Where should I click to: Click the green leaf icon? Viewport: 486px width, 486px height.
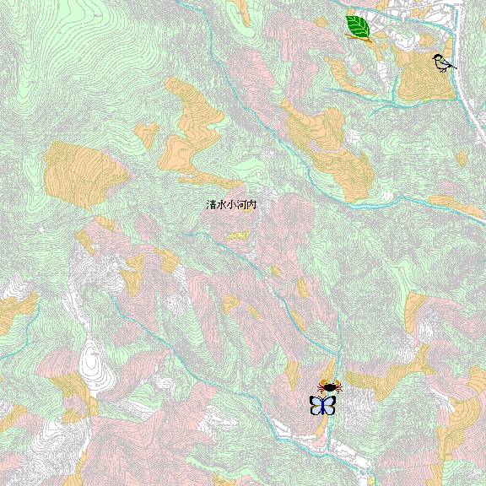pyautogui.click(x=359, y=28)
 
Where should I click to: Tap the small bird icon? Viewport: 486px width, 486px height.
pyautogui.click(x=441, y=62)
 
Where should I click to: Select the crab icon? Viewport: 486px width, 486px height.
pyautogui.click(x=328, y=386)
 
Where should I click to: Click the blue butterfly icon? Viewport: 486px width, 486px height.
pyautogui.click(x=322, y=405)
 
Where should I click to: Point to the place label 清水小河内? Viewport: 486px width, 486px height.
pyautogui.click(x=230, y=205)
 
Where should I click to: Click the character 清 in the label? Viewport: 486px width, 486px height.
pyautogui.click(x=211, y=205)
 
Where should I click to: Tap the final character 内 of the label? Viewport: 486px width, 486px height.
pyautogui.click(x=251, y=205)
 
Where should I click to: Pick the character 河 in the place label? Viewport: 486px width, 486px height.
pyautogui.click(x=240, y=205)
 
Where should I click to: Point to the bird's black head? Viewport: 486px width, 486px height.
pyautogui.click(x=437, y=57)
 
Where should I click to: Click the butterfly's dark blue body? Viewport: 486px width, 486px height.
pyautogui.click(x=322, y=406)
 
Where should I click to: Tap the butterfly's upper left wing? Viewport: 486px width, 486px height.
pyautogui.click(x=316, y=400)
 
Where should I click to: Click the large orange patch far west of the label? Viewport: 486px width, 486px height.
pyautogui.click(x=80, y=173)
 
